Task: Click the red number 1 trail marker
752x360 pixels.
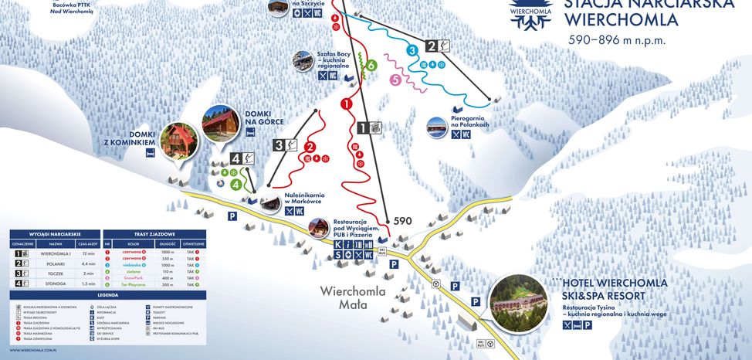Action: (x=347, y=103)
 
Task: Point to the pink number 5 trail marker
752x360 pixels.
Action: (x=396, y=79)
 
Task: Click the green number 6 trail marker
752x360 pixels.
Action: (x=371, y=66)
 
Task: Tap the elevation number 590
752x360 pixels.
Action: (x=403, y=221)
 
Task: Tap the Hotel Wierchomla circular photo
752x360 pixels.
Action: (x=517, y=302)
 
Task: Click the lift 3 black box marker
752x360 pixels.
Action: (x=283, y=144)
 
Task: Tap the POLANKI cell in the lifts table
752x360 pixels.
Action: (x=56, y=263)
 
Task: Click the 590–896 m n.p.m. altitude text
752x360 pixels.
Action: (x=616, y=40)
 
